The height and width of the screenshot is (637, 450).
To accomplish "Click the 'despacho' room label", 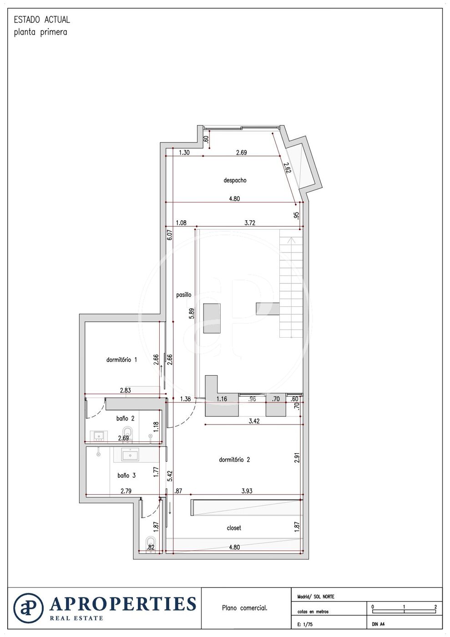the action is coord(235,180).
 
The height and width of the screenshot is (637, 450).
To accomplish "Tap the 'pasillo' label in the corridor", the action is coord(184,295).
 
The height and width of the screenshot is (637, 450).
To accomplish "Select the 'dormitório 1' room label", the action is coord(121,360).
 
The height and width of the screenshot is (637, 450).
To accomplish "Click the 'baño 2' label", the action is coord(125,418).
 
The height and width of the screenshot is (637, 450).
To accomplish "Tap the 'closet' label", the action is coord(234,528).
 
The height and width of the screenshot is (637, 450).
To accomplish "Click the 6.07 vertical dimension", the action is coord(170,235).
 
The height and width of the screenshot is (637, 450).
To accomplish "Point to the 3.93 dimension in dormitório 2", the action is coord(247,491).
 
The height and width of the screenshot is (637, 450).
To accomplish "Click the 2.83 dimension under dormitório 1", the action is coord(125,390).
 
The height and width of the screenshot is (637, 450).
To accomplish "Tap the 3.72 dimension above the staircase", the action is coord(250,222).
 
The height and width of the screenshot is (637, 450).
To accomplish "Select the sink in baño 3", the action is coord(130,455).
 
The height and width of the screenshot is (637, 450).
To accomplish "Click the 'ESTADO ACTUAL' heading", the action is coord(42,20).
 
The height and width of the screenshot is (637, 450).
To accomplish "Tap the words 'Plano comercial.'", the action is coord(245,608).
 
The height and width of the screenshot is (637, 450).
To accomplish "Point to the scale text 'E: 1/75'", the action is coord(305,625).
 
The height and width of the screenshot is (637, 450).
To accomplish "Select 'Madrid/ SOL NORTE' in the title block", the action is coord(316,597).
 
